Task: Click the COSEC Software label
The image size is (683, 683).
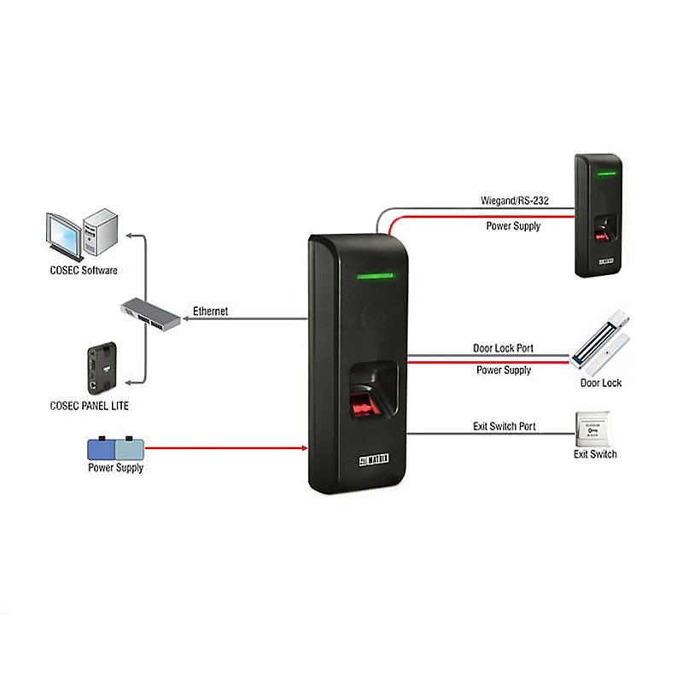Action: (x=83, y=271)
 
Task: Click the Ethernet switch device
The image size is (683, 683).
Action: (x=149, y=312)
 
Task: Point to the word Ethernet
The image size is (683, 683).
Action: (x=210, y=312)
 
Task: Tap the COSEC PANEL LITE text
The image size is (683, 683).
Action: (x=90, y=406)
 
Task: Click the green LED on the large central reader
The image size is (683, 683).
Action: (x=371, y=277)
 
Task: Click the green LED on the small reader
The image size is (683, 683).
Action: (x=606, y=174)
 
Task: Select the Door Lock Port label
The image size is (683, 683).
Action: (x=504, y=348)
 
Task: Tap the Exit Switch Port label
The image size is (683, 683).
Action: (x=504, y=425)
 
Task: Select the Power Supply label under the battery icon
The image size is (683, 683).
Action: (x=115, y=468)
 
